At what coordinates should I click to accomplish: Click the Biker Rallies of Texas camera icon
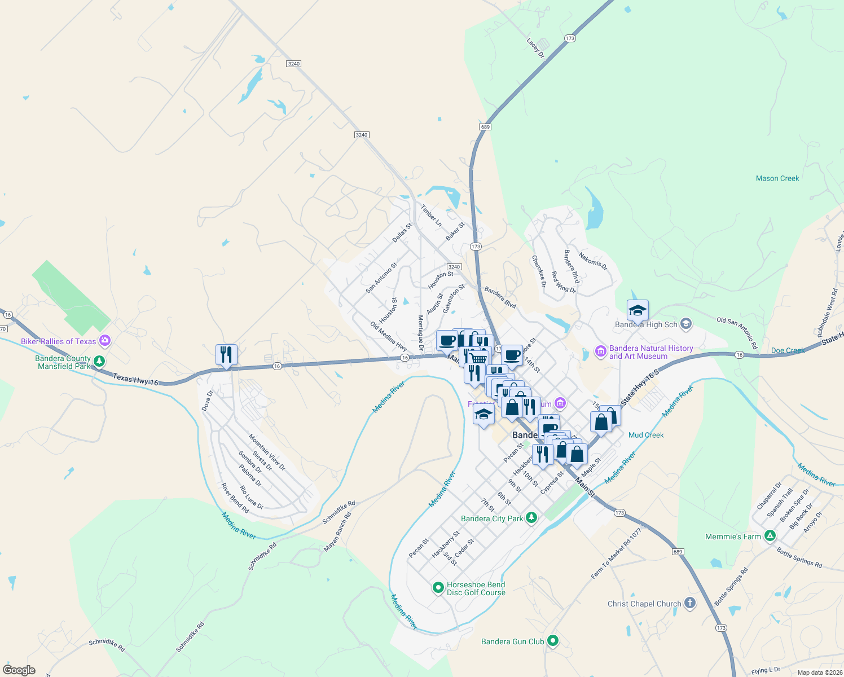[104, 341]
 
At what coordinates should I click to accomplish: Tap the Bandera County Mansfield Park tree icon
[99, 361]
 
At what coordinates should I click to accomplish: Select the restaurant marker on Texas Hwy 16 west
[226, 355]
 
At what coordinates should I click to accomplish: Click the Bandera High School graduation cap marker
[638, 310]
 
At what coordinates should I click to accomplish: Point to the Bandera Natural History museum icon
[600, 352]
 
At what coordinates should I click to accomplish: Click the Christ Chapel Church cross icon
[689, 603]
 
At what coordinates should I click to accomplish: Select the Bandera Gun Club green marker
[553, 641]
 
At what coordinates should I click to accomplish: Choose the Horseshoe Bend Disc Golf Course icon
[438, 588]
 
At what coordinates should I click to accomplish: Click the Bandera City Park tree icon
[531, 518]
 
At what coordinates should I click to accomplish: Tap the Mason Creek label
[777, 178]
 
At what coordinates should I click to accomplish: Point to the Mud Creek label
[646, 435]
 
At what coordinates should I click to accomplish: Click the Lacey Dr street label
[535, 49]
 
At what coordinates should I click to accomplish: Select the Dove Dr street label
[207, 400]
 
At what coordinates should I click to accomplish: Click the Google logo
[19, 670]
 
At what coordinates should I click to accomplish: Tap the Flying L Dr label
[766, 670]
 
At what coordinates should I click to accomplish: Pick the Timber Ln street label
[431, 216]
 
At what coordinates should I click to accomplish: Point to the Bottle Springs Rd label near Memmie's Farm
[799, 557]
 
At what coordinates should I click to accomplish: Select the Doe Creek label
[788, 350]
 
